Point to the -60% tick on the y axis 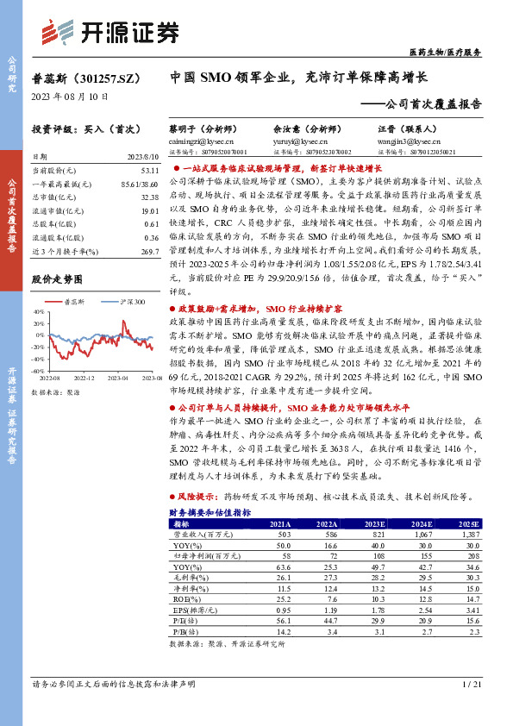(x=39, y=371)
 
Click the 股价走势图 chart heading (x=57, y=280)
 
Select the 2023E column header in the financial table (x=375, y=523)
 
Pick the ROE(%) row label (x=185, y=598)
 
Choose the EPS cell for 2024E (x=422, y=609)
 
